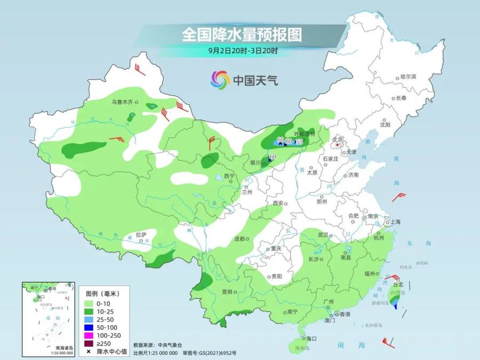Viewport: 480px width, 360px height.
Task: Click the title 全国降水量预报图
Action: [242, 35]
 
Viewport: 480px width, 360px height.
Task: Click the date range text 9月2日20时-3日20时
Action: [243, 51]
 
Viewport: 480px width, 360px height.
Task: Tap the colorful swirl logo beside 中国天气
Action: [220, 80]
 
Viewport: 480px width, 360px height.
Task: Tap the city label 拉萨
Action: [140, 234]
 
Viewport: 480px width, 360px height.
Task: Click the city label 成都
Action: [241, 239]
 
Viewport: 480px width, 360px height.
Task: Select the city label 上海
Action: [395, 221]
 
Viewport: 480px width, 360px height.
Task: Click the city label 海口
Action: [312, 339]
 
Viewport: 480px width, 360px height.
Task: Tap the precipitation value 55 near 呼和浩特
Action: [299, 141]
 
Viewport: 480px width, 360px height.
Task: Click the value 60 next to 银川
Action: [273, 156]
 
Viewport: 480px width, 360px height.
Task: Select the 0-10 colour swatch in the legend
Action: [89, 303]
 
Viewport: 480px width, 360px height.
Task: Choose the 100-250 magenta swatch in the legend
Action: [89, 335]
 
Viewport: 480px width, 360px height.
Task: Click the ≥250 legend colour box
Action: [89, 343]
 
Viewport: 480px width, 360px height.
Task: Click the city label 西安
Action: [277, 203]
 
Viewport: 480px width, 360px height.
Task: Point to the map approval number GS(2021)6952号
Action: [214, 353]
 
